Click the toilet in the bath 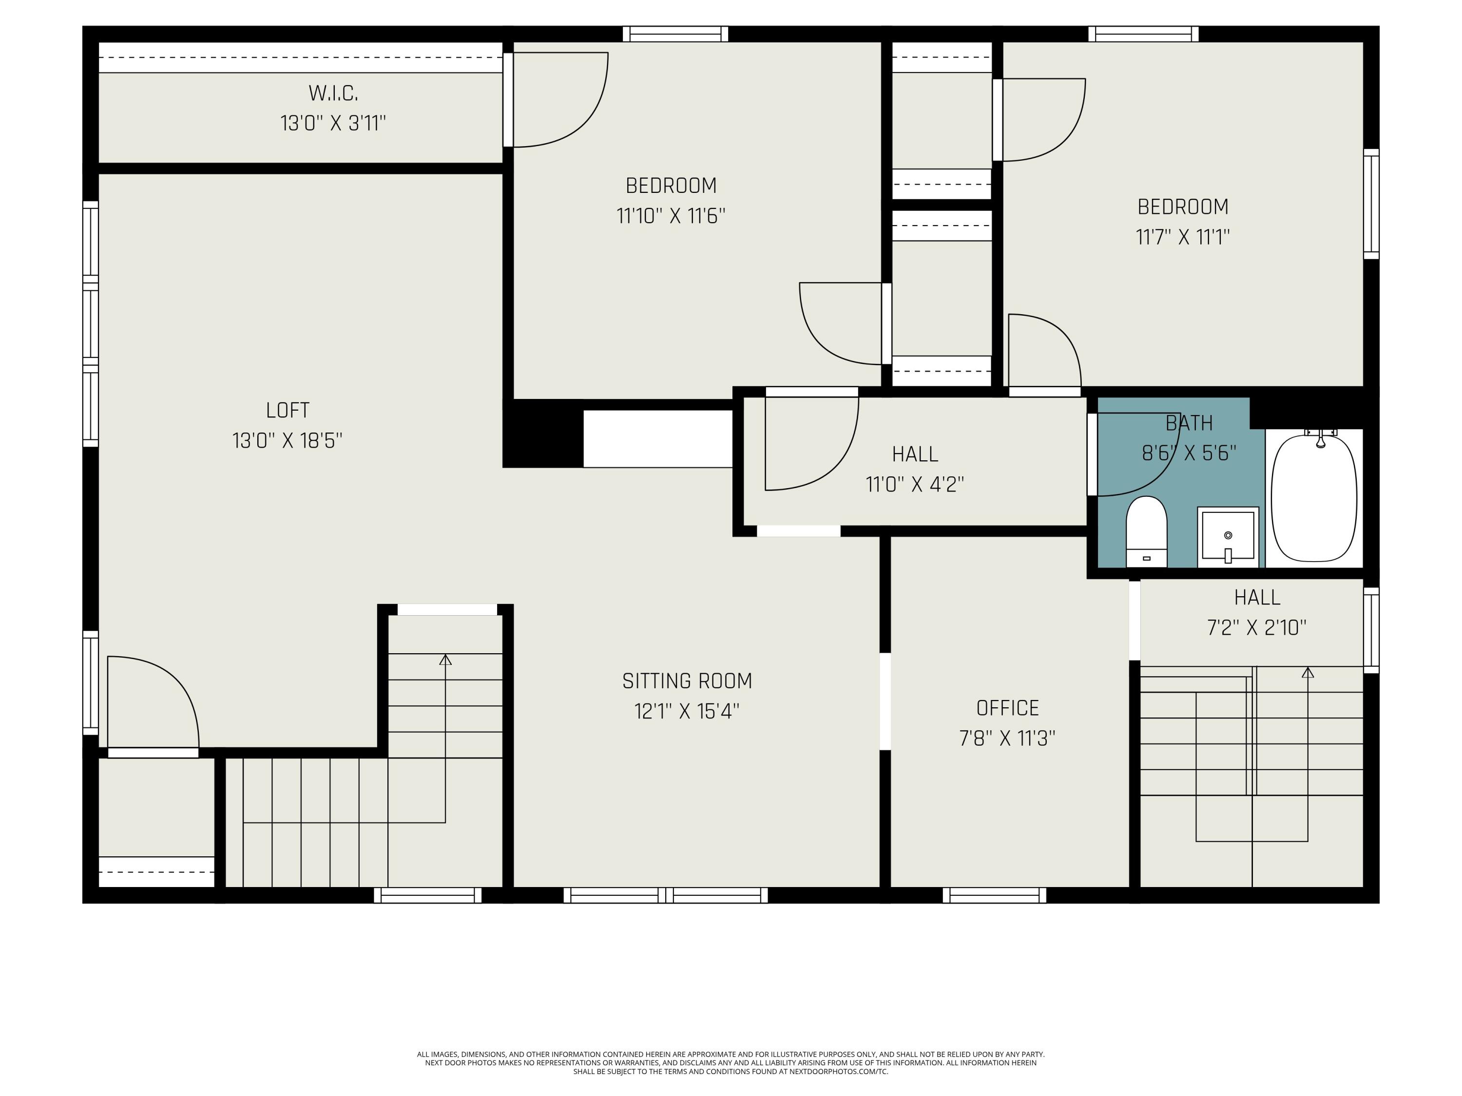point(1146,532)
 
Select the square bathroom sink point(1228,536)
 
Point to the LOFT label point(288,410)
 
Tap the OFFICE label point(1007,708)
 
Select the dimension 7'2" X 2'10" point(1256,627)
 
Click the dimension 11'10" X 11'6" point(671,216)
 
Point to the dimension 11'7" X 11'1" point(1182,237)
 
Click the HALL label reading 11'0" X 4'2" point(915,454)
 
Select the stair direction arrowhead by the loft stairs point(445,660)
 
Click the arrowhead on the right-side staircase point(1308,673)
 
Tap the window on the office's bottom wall point(994,895)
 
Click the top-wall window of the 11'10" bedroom point(675,34)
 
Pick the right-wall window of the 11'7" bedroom point(1371,204)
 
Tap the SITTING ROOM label point(687,681)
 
